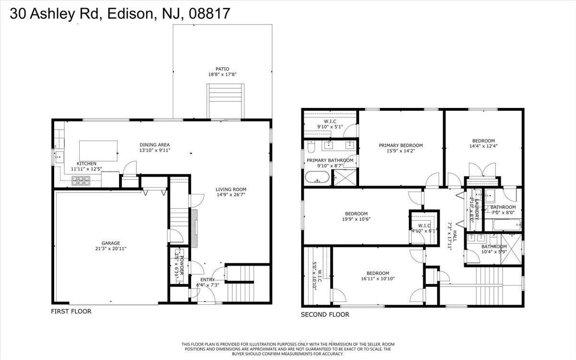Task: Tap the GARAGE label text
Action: (110, 243)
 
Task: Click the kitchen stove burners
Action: (81, 180)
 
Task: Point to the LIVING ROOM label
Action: (230, 189)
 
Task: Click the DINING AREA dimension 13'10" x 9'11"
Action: (155, 151)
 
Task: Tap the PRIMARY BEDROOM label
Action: (400, 145)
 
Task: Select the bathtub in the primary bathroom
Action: (317, 178)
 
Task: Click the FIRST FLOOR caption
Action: (71, 312)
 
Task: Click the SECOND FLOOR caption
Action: (325, 315)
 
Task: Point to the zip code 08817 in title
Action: (210, 14)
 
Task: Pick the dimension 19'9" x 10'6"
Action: (356, 219)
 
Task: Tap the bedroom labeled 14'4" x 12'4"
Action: (484, 144)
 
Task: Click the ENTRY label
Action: (207, 279)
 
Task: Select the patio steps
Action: (226, 100)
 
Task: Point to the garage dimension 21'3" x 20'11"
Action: (110, 249)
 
